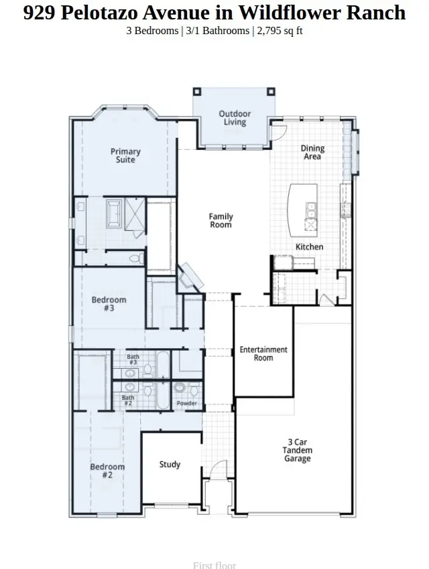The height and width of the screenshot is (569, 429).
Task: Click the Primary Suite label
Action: click(125, 156)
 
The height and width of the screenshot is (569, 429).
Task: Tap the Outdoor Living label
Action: click(235, 118)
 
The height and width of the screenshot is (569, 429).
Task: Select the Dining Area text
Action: click(312, 153)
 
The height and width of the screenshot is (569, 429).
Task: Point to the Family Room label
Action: click(221, 221)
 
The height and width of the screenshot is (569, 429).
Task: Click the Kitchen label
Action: click(309, 247)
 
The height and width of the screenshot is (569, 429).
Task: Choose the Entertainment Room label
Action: click(263, 353)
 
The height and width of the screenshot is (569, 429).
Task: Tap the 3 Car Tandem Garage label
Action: click(297, 451)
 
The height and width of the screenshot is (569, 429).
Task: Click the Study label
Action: click(170, 464)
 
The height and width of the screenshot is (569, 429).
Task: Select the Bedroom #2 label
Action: click(107, 471)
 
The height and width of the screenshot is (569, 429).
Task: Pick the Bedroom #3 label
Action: click(109, 305)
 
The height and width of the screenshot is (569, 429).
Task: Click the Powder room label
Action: click(186, 404)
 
